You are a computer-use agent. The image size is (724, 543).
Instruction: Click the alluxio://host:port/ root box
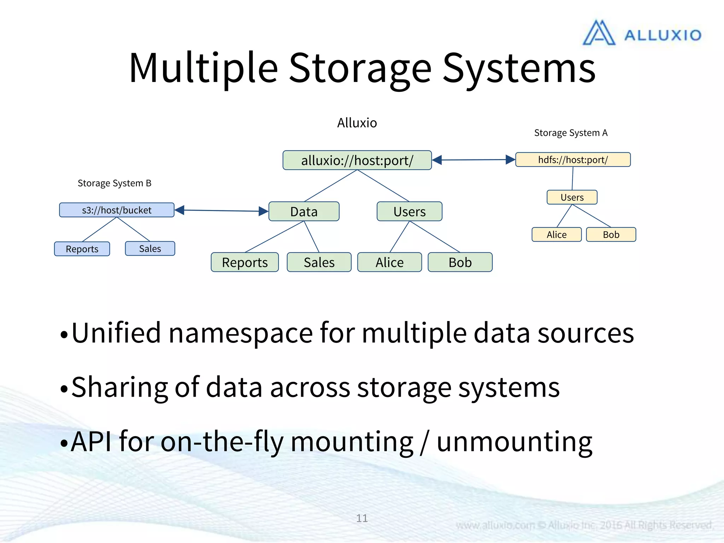coord(357,160)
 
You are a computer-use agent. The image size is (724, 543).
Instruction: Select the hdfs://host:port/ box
coord(573,159)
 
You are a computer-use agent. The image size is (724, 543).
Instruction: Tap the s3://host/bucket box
coord(117,210)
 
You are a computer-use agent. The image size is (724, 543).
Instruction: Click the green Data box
coord(304,211)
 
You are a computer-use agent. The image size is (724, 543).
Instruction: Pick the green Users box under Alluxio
coord(409,211)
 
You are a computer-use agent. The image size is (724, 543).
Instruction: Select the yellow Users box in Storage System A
coord(572,197)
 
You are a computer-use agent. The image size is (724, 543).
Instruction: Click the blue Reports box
coord(82,249)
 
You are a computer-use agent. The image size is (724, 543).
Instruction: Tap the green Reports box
coord(245,262)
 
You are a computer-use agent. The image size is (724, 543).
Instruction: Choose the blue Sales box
coord(150,249)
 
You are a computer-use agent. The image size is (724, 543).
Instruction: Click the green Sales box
coord(319,262)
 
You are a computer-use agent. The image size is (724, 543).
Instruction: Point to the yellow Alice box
coord(556,234)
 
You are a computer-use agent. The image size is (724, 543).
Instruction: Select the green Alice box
coord(389,262)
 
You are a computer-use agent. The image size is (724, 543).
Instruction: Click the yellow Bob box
coord(611,234)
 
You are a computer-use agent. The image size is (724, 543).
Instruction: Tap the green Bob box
coord(460,262)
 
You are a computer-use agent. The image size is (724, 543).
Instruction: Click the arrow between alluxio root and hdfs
coord(474,160)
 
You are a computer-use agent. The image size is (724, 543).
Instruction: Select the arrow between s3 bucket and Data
coord(222,211)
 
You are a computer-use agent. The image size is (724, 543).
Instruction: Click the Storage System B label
coord(115,183)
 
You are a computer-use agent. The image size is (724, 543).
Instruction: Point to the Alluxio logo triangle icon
coord(599,33)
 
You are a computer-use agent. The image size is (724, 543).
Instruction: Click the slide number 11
coord(362,518)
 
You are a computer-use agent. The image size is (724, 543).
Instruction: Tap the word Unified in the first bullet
coord(116,333)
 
